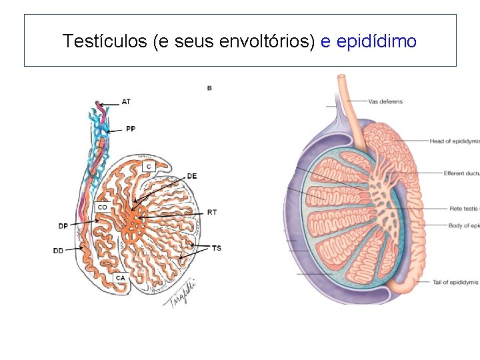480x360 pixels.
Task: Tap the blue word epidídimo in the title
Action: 377,41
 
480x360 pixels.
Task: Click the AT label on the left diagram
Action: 126,102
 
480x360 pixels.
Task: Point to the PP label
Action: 130,129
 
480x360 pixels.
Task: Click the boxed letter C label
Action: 148,165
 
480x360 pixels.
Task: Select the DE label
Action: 191,176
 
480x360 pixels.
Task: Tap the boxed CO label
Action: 102,207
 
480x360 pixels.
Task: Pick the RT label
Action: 211,212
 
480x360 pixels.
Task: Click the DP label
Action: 63,225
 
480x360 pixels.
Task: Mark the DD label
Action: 59,251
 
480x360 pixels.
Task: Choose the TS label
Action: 216,248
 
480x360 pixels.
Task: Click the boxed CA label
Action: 120,277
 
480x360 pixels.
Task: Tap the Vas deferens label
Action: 385,102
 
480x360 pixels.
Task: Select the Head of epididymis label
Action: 454,141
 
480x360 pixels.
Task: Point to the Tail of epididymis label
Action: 455,282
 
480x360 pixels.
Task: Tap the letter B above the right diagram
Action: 209,88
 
